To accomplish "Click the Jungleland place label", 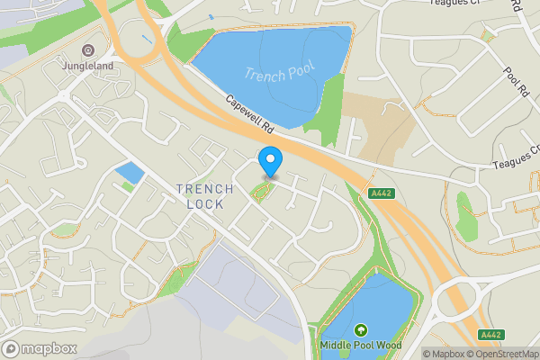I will pyautogui.click(x=87, y=66).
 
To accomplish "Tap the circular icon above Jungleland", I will pyautogui.click(x=87, y=50).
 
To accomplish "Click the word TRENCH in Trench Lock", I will pyautogui.click(x=204, y=188).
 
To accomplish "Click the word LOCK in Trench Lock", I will pyautogui.click(x=204, y=203).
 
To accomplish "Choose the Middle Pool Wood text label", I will pyautogui.click(x=361, y=345).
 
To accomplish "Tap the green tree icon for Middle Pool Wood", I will pyautogui.click(x=361, y=330).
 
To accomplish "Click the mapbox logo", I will pyautogui.click(x=40, y=348).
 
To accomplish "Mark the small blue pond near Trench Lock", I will pyautogui.click(x=129, y=172).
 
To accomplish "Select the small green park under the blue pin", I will pyautogui.click(x=261, y=191).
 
